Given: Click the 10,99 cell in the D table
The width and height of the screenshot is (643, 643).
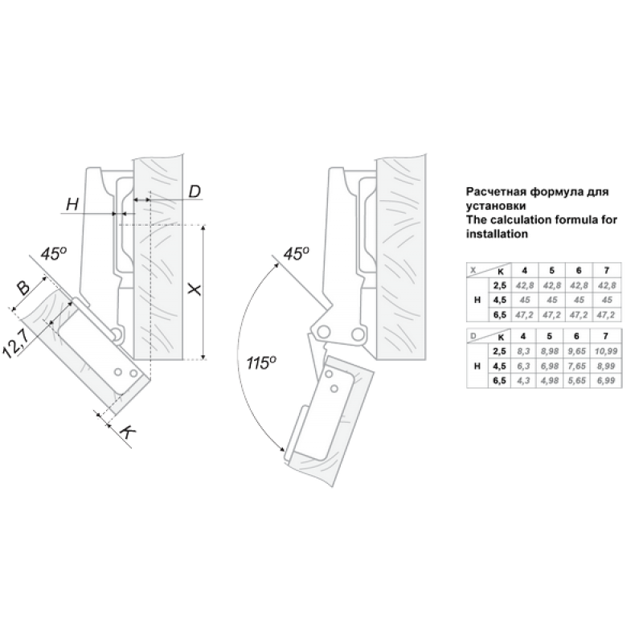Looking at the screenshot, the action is click(606, 351).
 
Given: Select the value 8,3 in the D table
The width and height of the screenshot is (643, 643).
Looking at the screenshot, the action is click(523, 351).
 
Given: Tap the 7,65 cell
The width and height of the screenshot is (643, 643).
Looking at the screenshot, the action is click(576, 366).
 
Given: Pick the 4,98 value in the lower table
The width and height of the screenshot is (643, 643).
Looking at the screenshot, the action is click(550, 380).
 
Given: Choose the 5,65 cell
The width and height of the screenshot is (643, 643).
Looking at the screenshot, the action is click(576, 380).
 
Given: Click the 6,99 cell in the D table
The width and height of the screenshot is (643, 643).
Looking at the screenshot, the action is click(606, 380).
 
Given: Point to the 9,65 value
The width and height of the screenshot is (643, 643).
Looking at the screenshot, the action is click(576, 351).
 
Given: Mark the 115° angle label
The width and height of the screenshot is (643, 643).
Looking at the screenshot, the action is click(261, 362).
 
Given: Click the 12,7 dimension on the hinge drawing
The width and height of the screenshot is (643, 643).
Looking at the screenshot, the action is click(15, 344).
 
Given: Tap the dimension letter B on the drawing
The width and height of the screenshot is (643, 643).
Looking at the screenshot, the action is click(23, 287).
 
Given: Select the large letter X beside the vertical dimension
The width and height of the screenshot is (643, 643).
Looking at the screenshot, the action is click(195, 289).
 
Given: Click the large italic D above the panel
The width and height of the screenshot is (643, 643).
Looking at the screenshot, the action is click(195, 191).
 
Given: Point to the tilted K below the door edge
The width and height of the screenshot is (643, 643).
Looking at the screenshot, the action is click(129, 432).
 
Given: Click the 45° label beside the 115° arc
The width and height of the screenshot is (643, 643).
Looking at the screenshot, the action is click(296, 253).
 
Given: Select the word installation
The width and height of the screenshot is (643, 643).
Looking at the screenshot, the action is click(497, 234).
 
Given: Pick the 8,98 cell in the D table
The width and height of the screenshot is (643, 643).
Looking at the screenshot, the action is click(550, 351).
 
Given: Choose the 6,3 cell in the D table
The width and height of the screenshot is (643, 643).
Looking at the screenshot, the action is click(523, 366).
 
